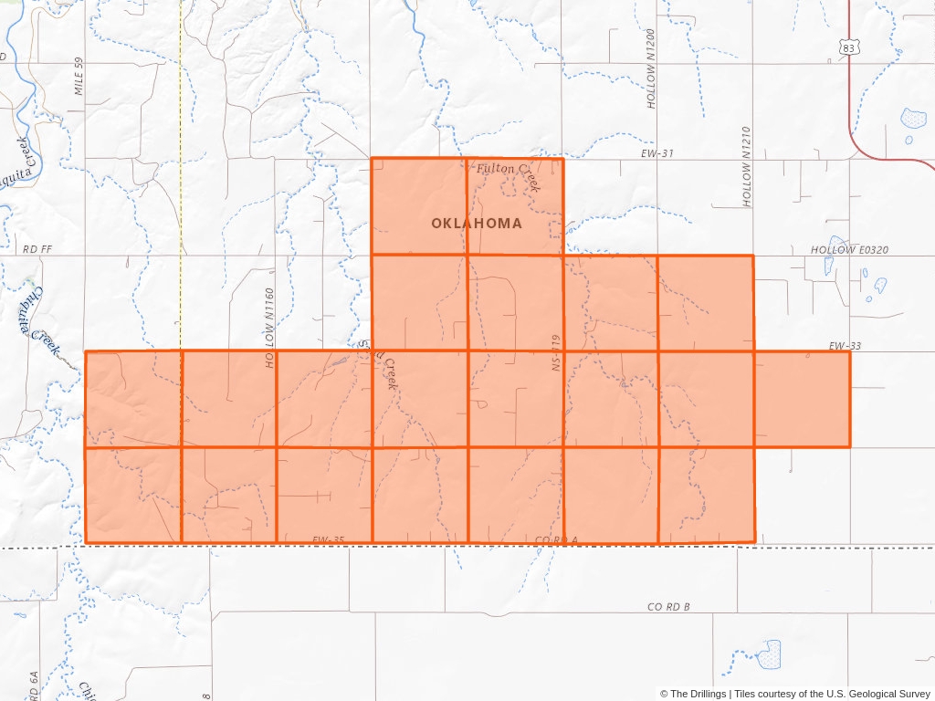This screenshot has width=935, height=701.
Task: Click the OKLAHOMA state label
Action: click(x=477, y=224)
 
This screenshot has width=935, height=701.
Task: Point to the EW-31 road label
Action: click(x=657, y=153)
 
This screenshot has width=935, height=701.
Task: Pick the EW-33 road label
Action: click(x=845, y=346)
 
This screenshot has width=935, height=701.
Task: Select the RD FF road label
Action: click(x=39, y=249)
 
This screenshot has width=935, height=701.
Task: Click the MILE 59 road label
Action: click(x=79, y=76)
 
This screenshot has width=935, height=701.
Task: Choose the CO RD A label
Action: click(x=556, y=541)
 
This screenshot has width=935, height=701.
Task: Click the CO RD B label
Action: click(x=668, y=607)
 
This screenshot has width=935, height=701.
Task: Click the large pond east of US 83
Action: click(x=912, y=118)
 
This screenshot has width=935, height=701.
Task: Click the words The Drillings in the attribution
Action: click(x=699, y=694)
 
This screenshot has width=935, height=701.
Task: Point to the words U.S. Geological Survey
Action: click(x=875, y=694)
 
